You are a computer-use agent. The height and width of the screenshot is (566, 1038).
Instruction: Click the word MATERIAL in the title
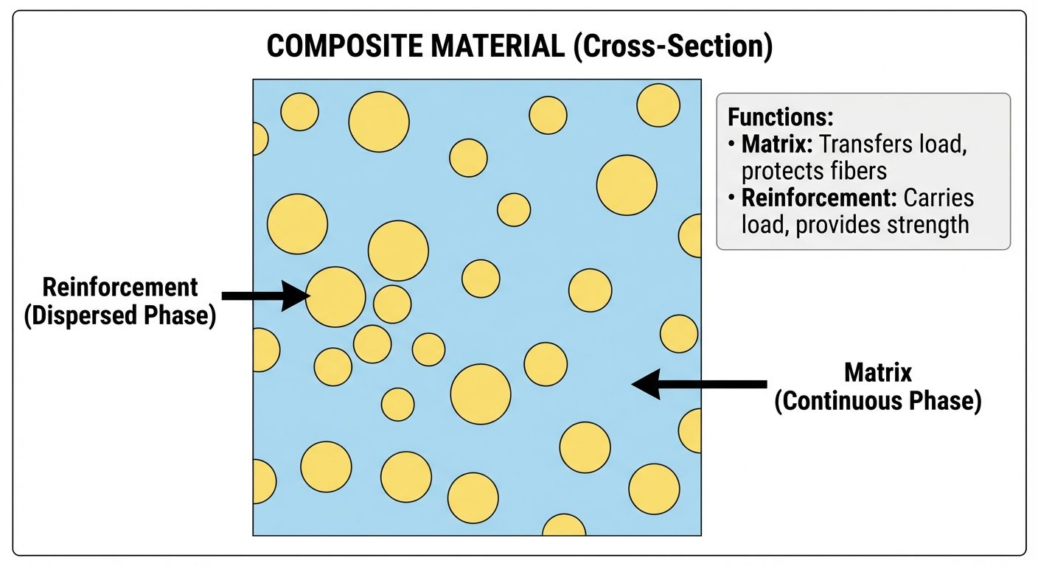(x=502, y=47)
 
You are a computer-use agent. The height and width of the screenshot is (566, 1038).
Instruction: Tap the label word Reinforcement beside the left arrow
(x=120, y=287)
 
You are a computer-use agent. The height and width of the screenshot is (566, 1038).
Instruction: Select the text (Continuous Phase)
(x=877, y=401)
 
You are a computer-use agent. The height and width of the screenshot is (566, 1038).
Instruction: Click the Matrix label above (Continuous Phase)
(x=878, y=372)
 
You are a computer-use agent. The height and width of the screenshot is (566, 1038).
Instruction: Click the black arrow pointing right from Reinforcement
(x=265, y=296)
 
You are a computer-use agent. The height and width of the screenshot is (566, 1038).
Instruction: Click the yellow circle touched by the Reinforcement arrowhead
(x=336, y=297)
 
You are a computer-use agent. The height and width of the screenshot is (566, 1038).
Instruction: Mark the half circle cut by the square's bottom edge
(x=564, y=525)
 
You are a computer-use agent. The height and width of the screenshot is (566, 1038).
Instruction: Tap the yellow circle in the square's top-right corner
(x=658, y=105)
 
